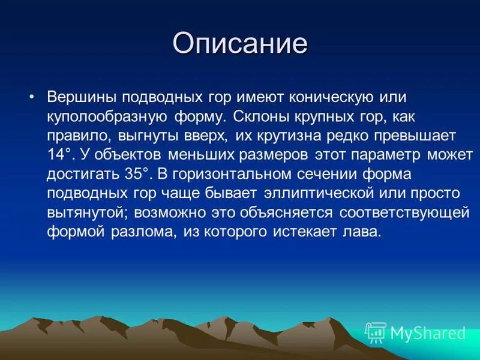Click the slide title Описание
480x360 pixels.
click(240, 43)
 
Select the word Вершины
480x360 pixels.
click(82, 97)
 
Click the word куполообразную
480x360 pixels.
click(107, 117)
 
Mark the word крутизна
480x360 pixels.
click(289, 136)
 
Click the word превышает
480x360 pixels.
click(415, 136)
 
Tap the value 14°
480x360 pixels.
click(61, 154)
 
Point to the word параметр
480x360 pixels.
click(386, 155)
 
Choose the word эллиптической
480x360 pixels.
click(319, 193)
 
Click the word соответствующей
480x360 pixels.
click(404, 213)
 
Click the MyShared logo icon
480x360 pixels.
click(376, 333)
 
